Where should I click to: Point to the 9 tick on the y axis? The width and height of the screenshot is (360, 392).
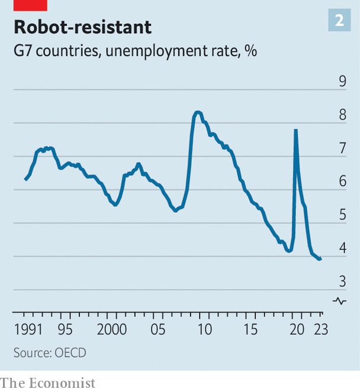click(x=342, y=82)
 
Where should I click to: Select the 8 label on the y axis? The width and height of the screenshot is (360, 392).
click(x=342, y=115)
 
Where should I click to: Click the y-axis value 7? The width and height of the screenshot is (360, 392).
click(x=342, y=149)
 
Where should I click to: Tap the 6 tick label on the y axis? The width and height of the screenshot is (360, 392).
click(x=342, y=182)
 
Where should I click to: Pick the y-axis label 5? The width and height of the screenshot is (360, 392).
click(x=342, y=215)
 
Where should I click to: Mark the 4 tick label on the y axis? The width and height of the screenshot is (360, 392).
click(x=342, y=249)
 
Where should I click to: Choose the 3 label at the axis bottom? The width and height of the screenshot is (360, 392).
click(x=342, y=282)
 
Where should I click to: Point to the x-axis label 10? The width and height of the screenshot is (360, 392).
click(x=204, y=329)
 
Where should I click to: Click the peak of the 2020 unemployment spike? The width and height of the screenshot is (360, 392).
click(x=295, y=130)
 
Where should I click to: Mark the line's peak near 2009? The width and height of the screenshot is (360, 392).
click(x=198, y=112)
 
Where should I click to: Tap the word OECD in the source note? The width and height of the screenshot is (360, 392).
click(x=70, y=352)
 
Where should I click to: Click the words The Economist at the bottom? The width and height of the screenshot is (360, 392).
click(x=47, y=383)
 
